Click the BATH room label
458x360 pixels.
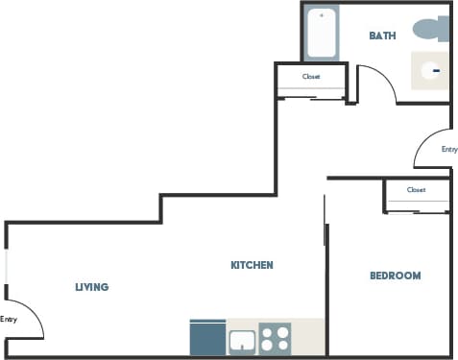click(x=383, y=36)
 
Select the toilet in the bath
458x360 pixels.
click(x=430, y=30)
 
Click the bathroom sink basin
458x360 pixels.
click(x=431, y=70)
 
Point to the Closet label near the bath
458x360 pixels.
click(x=311, y=77)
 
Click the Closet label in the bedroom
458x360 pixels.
click(x=416, y=190)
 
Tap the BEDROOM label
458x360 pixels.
click(x=395, y=276)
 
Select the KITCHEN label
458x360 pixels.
click(x=253, y=265)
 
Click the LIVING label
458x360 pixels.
click(x=92, y=287)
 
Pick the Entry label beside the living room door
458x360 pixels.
click(x=9, y=320)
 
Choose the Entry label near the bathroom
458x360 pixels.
click(x=448, y=150)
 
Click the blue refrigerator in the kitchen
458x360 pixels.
click(x=206, y=338)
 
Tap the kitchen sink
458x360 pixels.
click(x=241, y=341)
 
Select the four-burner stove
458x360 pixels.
click(x=275, y=338)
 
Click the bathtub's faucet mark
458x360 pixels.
click(x=321, y=15)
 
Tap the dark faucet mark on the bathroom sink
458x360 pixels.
click(x=436, y=70)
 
